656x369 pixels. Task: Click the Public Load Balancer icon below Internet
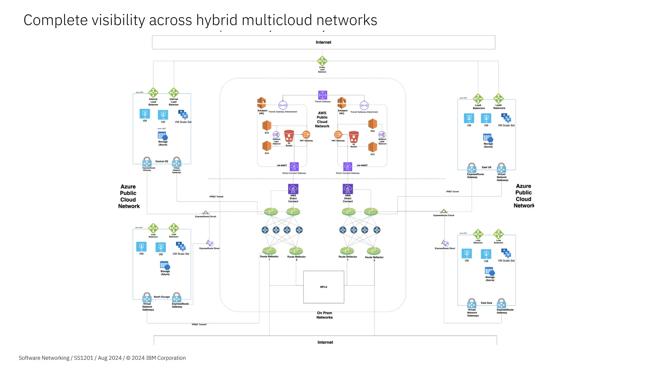tap(322, 61)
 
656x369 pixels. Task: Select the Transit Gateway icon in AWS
tap(323, 95)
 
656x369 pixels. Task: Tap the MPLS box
tap(324, 287)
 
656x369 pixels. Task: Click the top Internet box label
tap(323, 42)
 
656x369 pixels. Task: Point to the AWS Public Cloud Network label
tap(322, 119)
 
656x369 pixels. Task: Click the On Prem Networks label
tap(324, 315)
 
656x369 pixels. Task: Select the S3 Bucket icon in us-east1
tap(289, 136)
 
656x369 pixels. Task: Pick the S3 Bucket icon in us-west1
tap(354, 137)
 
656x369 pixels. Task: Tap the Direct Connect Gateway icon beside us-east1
tap(294, 167)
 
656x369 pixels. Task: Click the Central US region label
tap(162, 161)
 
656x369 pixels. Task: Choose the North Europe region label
tap(162, 297)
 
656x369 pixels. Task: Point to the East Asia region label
tap(486, 303)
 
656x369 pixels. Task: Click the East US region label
tap(486, 167)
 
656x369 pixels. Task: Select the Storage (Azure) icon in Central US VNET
tap(163, 136)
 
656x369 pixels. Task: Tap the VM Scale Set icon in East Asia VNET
tap(506, 254)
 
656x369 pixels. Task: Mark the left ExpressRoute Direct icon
tap(210, 243)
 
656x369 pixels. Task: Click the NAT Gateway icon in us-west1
tap(338, 135)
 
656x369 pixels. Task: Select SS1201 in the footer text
tap(83, 358)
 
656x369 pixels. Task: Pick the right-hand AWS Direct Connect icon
tap(348, 189)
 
